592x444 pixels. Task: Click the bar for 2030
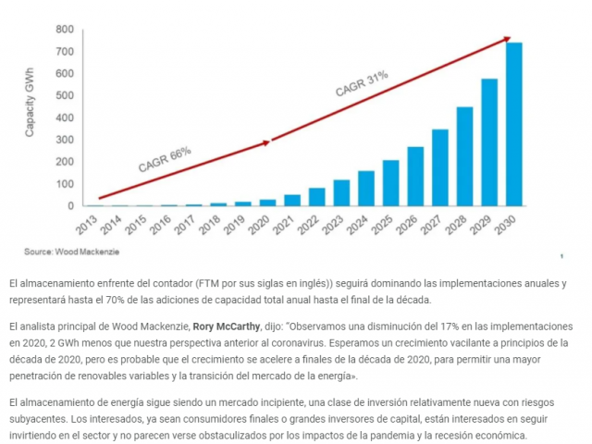513,125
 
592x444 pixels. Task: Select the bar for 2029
489,142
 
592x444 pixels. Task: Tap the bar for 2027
439,167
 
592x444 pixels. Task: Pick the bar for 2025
390,183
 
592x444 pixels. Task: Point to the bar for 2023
341,192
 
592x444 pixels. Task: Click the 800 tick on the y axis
64,29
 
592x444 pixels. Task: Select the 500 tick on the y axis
64,95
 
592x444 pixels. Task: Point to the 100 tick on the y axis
64,183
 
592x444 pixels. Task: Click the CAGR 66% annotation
165,159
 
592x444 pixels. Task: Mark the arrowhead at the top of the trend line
508,39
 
